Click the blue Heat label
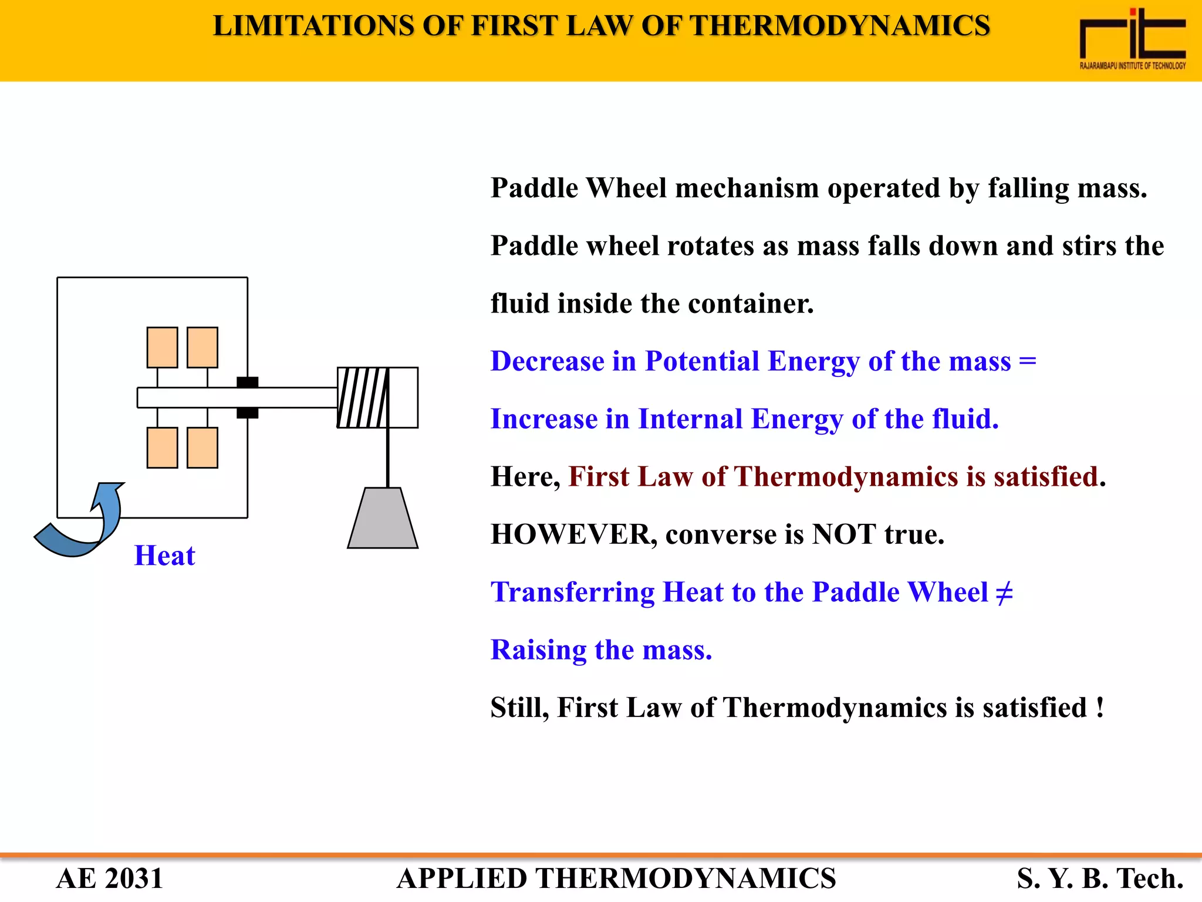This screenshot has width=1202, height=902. coord(164,556)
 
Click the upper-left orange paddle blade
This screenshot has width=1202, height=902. coord(162,348)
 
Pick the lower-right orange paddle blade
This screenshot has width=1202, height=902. coord(202,447)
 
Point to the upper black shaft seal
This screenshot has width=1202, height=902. coord(247,382)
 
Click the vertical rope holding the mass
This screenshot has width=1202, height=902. coord(388,458)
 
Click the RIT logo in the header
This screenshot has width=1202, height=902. coord(1132,39)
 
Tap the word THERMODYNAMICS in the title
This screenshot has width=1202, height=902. coord(840,26)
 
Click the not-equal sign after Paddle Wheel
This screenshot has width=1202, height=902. coord(1004,593)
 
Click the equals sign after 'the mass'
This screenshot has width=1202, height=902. coord(1028,360)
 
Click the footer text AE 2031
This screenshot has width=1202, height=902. coord(110,879)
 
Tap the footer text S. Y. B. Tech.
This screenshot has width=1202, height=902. coord(1100,879)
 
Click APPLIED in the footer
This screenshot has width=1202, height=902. coord(462,879)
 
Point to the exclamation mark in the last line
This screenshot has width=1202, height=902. coord(1099,707)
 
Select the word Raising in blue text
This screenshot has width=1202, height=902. coord(538,650)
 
